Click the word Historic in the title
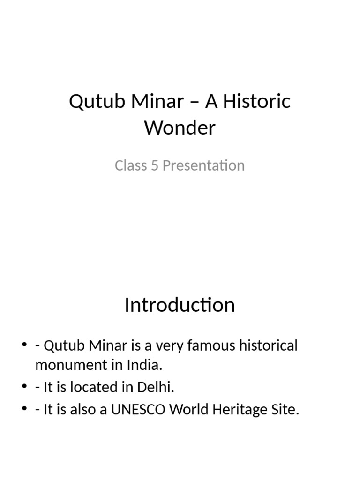[256, 102]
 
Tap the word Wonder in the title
[180, 127]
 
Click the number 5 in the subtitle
[154, 165]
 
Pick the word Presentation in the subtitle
[204, 165]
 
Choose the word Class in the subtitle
[131, 165]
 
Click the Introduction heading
[180, 305]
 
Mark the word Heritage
[239, 410]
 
